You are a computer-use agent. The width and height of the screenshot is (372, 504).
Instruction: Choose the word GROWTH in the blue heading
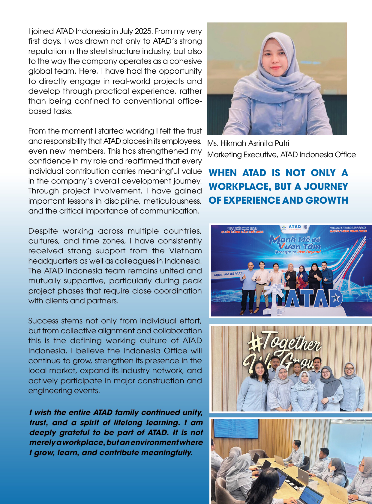327,200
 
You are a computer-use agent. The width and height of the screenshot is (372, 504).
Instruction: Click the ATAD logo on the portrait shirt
297,100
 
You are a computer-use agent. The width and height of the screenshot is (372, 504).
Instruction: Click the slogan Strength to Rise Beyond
297,252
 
